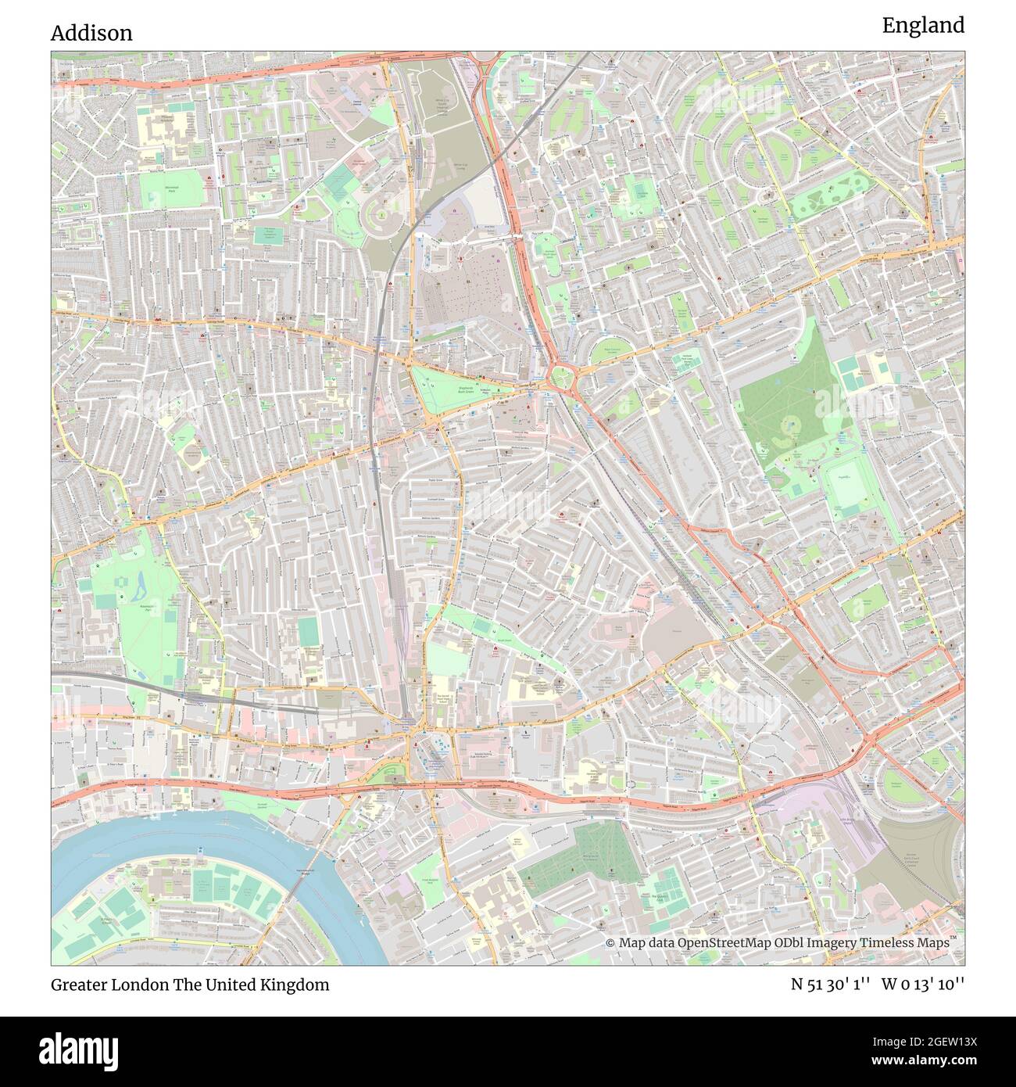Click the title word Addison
point(91,33)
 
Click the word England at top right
point(923,26)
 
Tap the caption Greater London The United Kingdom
point(190,985)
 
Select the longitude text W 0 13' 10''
point(923,985)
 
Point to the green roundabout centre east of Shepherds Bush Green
point(560,379)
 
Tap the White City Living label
point(441,109)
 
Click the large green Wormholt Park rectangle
point(174,190)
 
